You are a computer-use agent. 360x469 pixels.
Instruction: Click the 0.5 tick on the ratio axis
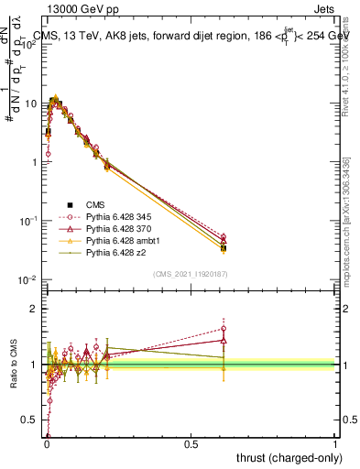(x=32, y=420)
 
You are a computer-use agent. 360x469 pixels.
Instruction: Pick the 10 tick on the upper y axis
(x=32, y=104)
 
